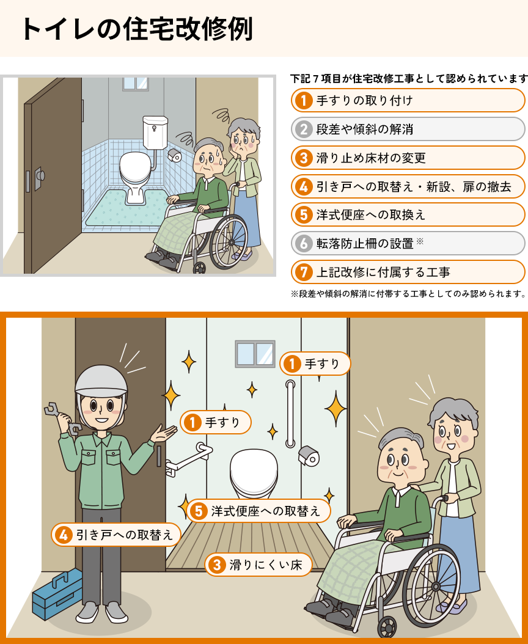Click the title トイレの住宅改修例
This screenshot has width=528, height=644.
tap(136, 29)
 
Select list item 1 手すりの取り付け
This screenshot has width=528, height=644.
tap(408, 101)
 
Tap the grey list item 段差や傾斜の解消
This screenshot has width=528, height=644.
tap(408, 130)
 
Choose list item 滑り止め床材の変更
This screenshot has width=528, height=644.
tap(408, 158)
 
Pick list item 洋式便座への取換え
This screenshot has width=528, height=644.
tap(408, 215)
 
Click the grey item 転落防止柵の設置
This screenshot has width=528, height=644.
tap(408, 244)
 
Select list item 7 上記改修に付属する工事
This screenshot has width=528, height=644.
tap(408, 273)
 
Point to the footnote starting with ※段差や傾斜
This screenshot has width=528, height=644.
tap(408, 294)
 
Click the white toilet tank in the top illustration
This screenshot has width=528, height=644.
tap(155, 132)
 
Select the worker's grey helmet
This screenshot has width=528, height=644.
tap(101, 381)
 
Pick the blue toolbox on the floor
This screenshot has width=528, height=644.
tap(57, 594)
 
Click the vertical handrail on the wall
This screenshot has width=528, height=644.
tap(290, 414)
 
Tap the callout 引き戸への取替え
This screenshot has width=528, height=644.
tap(116, 535)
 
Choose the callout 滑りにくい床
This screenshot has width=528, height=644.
tap(258, 565)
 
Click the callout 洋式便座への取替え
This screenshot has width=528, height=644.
tap(258, 511)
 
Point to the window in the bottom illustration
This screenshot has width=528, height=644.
tap(255, 354)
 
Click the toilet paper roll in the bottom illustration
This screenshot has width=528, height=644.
tap(309, 456)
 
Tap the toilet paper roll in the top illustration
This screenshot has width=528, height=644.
tap(175, 155)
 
